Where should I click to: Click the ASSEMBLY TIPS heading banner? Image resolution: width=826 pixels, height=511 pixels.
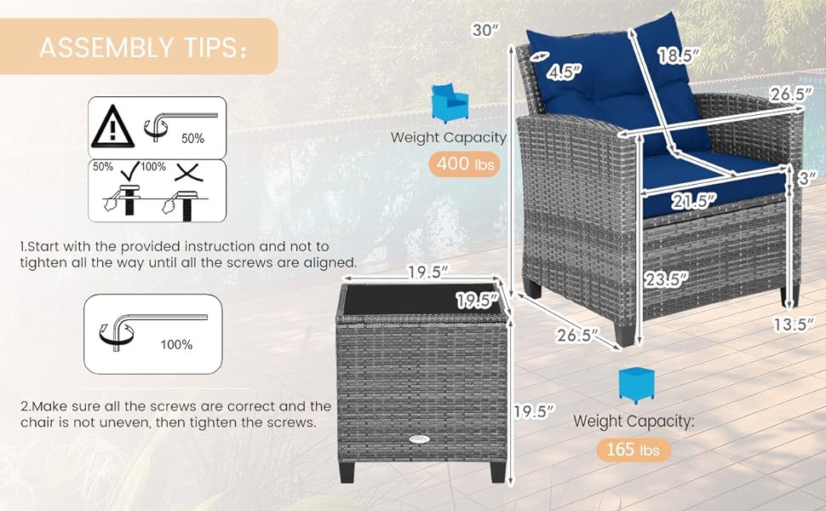(139, 46)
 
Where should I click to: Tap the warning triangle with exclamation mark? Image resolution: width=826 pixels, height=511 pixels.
(112, 127)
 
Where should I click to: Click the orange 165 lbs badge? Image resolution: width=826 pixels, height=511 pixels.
(634, 450)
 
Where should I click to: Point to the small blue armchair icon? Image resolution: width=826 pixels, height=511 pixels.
(450, 103)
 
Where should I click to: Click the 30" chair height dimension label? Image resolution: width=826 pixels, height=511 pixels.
(485, 30)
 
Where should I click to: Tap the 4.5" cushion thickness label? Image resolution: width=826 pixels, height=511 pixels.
(564, 72)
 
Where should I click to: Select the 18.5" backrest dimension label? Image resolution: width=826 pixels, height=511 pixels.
(679, 55)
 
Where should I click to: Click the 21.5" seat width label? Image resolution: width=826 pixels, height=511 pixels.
(694, 201)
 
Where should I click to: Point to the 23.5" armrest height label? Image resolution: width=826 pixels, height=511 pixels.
(667, 279)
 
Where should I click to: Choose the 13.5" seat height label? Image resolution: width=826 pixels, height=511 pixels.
(793, 324)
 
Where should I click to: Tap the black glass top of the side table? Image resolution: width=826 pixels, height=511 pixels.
(422, 301)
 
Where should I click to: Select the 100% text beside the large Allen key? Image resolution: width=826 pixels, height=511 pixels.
(176, 345)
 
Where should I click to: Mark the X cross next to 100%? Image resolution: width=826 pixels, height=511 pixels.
(188, 172)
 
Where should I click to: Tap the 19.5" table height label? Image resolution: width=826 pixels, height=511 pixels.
(535, 411)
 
